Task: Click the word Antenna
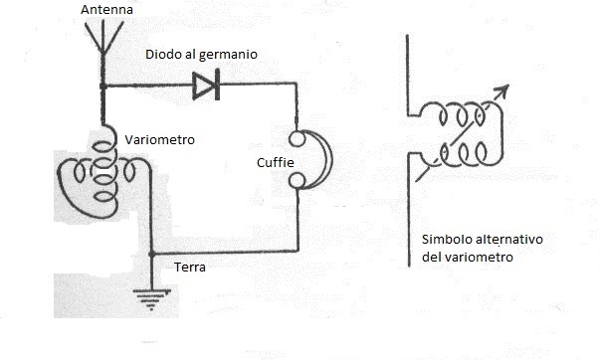106,9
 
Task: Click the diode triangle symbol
202,86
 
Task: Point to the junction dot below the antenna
103,87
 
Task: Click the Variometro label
159,140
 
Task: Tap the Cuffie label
276,163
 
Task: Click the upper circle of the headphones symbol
297,139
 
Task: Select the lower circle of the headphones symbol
297,181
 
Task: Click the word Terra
190,267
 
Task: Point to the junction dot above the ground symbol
152,254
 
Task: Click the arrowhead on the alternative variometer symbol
503,90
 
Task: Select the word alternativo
509,240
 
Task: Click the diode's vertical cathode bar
217,85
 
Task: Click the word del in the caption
431,257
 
